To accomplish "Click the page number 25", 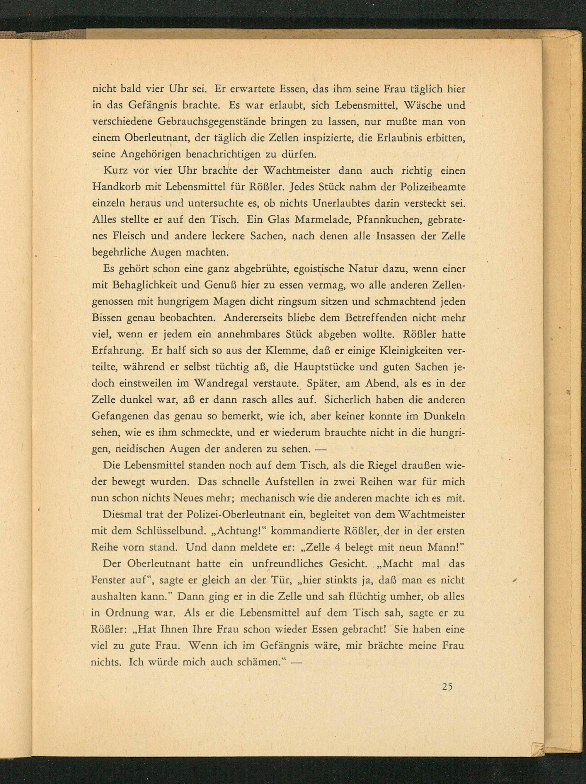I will pyautogui.click(x=447, y=686).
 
